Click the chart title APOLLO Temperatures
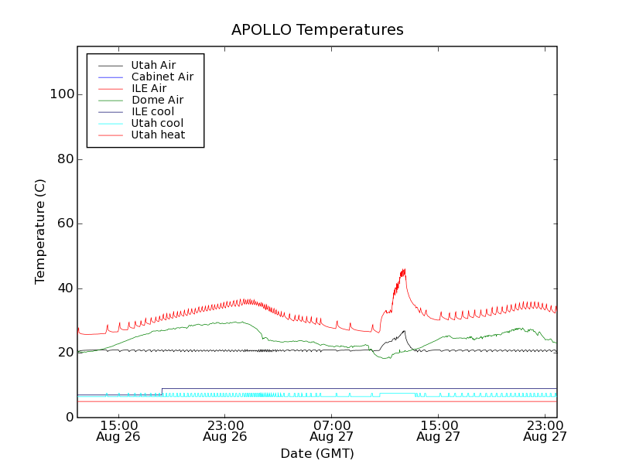click(317, 30)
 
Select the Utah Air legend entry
click(153, 65)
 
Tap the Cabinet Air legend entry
click(162, 77)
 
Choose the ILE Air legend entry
click(149, 88)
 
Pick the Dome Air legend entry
click(157, 100)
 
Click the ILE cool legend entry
click(152, 111)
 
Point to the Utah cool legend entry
click(157, 123)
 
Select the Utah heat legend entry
click(157, 135)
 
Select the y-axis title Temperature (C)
click(40, 231)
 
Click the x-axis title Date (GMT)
click(317, 453)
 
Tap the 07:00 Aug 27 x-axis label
click(332, 430)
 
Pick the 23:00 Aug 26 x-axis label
click(225, 430)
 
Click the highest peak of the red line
click(404, 270)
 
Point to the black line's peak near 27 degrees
click(404, 331)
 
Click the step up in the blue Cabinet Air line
click(162, 391)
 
